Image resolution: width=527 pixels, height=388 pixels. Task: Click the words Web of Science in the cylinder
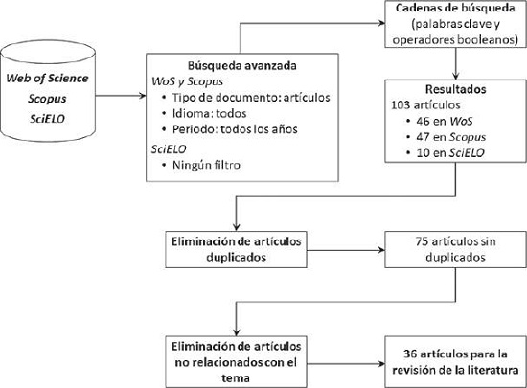point(47,79)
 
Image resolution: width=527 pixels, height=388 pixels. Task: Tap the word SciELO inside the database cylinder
point(47,119)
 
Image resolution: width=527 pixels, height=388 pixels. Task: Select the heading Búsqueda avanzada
point(242,65)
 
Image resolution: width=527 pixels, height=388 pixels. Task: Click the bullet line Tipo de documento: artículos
point(251,98)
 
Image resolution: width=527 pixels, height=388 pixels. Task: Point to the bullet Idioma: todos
point(210,114)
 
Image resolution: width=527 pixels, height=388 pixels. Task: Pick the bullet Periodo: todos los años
point(235,129)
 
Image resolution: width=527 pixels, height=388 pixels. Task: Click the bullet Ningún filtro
point(206,165)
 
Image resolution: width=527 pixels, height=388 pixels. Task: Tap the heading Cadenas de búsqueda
point(455,8)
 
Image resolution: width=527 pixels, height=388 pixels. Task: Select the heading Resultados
point(455,89)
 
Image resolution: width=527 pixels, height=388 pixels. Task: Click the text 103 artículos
point(425,105)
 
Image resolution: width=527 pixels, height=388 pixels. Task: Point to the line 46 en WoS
point(445,121)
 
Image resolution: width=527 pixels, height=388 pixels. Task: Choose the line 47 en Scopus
point(451,137)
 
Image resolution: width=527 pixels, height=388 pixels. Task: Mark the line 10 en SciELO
point(450,153)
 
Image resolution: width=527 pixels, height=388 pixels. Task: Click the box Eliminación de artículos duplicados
point(236,250)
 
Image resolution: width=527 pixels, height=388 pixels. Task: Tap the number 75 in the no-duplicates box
point(423,241)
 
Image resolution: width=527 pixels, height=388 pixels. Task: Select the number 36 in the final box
point(410,354)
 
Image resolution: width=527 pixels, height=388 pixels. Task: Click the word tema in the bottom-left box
point(236,378)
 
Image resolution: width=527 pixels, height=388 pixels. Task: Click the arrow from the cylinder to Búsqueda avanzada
point(121,96)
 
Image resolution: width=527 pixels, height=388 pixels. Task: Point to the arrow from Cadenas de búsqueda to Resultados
point(455,63)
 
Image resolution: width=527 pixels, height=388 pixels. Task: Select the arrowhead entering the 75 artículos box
point(381,250)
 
